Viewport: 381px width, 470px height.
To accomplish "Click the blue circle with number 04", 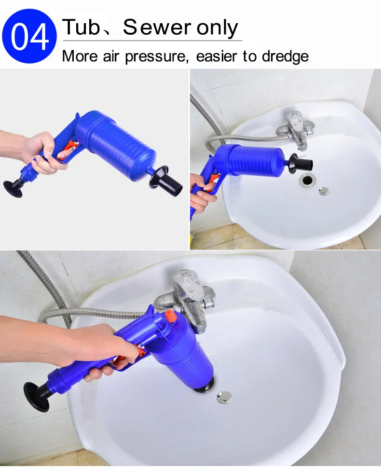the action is pyautogui.click(x=29, y=36).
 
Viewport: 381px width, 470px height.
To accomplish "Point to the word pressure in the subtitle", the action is pyautogui.click(x=157, y=56).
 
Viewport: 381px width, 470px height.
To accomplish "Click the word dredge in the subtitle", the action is pyautogui.click(x=285, y=56).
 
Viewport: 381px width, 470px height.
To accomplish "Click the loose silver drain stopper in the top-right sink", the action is pyautogui.click(x=324, y=191).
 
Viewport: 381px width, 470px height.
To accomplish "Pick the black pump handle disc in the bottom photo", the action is pyautogui.click(x=37, y=397).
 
